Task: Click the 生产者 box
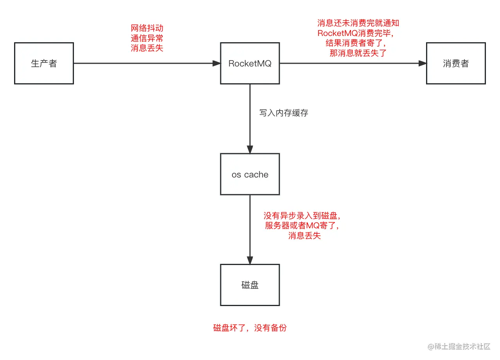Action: [x=44, y=63]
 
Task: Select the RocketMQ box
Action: [x=250, y=63]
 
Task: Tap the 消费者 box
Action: [x=456, y=63]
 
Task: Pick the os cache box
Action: [x=250, y=174]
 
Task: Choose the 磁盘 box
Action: [x=250, y=285]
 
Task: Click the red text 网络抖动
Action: [x=147, y=28]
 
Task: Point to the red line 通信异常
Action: [x=147, y=38]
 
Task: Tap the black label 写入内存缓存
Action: [x=283, y=113]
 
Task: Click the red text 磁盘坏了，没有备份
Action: [x=250, y=328]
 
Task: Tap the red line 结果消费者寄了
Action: [x=358, y=43]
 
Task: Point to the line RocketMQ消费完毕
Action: [x=358, y=33]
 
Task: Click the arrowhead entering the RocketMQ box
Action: [x=216, y=63]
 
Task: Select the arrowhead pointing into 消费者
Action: [x=422, y=63]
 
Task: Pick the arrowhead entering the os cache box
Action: [x=250, y=149]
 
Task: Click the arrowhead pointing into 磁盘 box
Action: [x=250, y=260]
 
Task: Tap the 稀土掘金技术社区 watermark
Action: [x=459, y=347]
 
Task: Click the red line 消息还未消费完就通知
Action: [x=358, y=23]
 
